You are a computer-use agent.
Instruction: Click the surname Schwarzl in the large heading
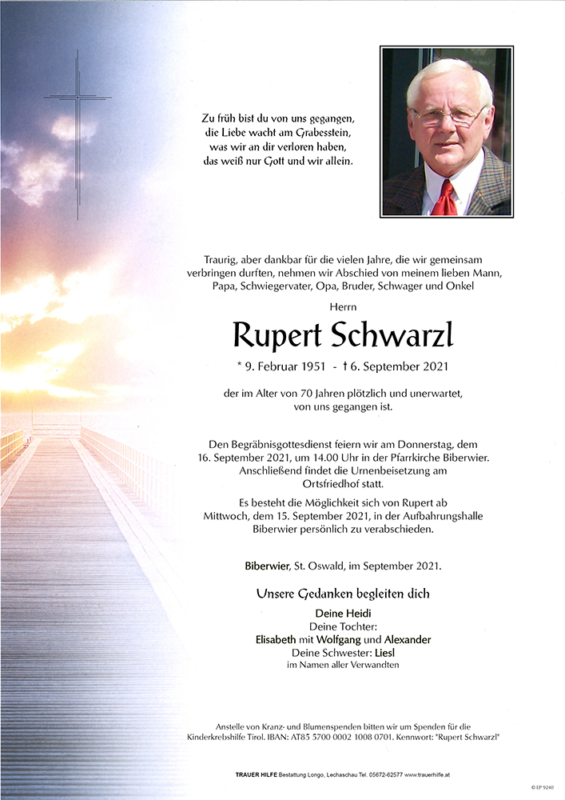pyautogui.click(x=391, y=336)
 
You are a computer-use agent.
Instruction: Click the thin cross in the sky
pyautogui.click(x=78, y=120)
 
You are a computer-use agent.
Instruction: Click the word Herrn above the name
pyautogui.click(x=342, y=306)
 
